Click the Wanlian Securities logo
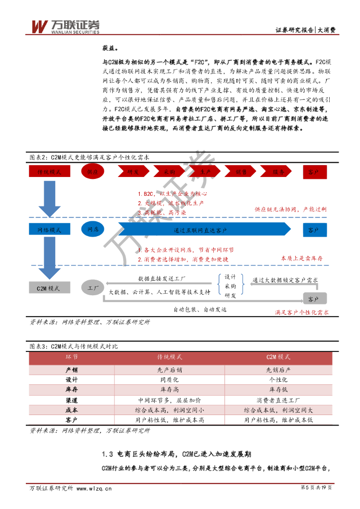(x=65, y=26)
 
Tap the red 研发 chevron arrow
(x=133, y=172)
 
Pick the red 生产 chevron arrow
(x=205, y=172)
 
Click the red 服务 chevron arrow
(x=278, y=172)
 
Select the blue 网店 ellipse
(x=93, y=230)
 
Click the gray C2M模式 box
(x=49, y=288)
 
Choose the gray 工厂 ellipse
(x=93, y=288)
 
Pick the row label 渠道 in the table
(x=72, y=400)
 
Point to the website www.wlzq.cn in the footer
(x=93, y=489)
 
